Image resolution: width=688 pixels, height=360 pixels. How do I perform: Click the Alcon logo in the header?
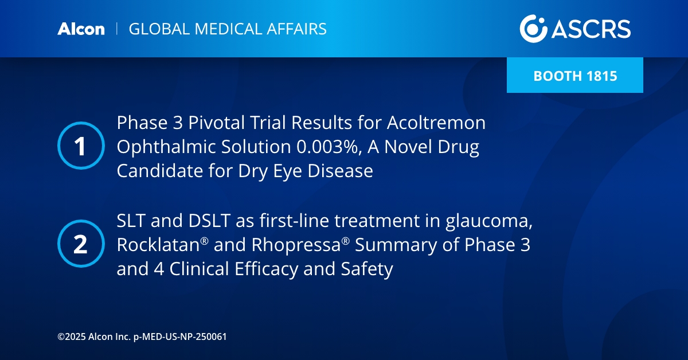(x=81, y=29)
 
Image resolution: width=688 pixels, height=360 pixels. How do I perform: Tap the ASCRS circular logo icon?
(x=533, y=28)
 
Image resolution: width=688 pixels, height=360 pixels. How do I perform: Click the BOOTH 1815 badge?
(x=575, y=75)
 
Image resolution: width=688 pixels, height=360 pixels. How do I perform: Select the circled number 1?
(x=81, y=146)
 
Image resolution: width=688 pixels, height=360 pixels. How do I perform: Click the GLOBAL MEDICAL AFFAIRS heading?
(x=228, y=29)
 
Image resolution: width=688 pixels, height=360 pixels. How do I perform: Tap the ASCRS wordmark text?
(x=591, y=29)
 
